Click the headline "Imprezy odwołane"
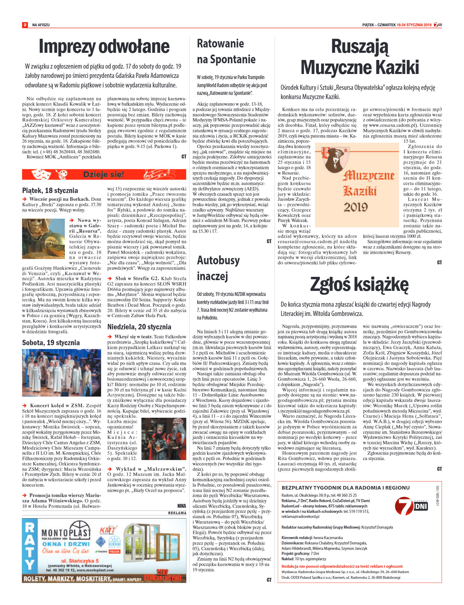[104, 47]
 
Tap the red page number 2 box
[25, 25]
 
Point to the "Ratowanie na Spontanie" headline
[226, 51]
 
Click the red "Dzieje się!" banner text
[103, 175]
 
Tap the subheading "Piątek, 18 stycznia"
[50, 190]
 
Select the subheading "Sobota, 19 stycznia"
[51, 342]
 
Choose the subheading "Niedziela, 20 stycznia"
[139, 327]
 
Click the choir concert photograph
[62, 373]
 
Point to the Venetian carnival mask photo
[43, 239]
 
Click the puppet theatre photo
[164, 439]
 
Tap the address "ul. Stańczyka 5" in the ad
[80, 561]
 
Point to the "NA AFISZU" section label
[41, 25]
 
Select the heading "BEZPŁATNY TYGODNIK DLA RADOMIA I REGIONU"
[345, 487]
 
